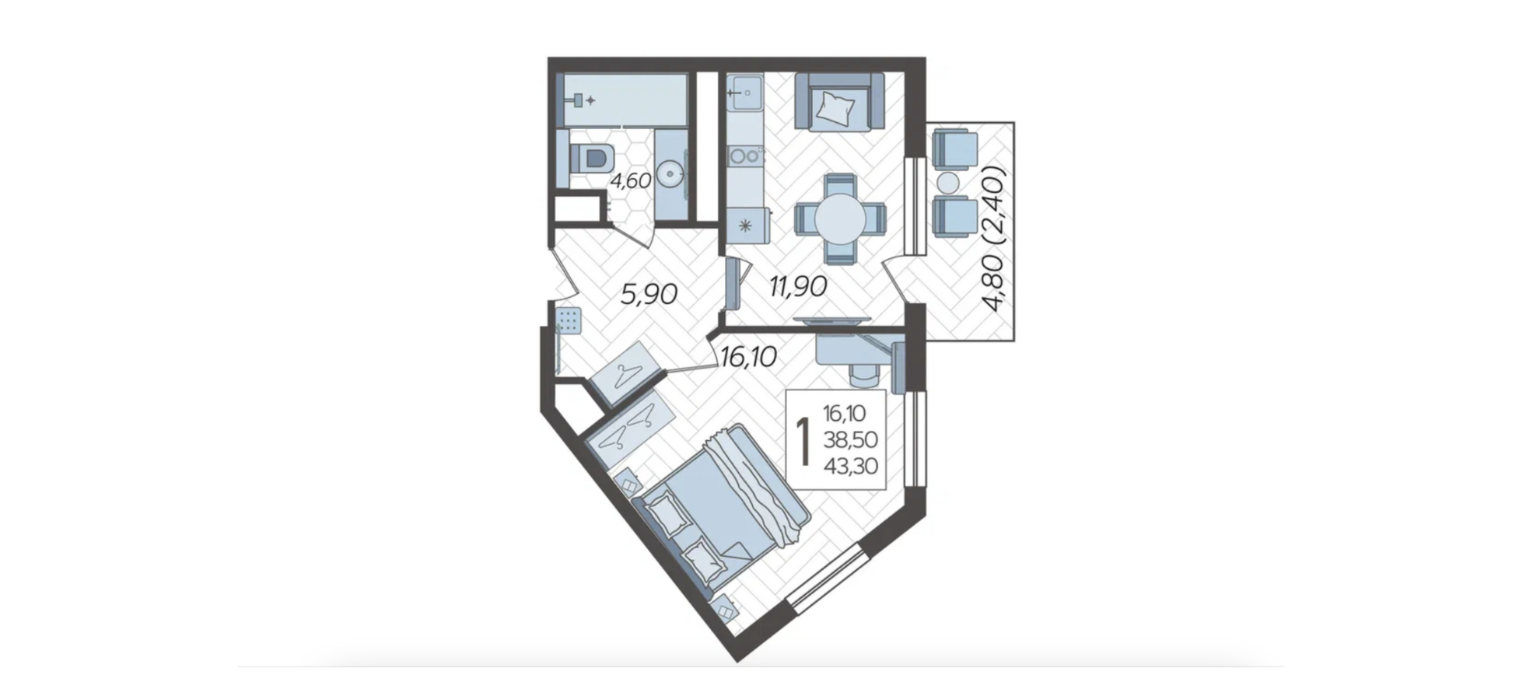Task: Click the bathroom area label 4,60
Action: (630, 181)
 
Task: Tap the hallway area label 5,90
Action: (649, 294)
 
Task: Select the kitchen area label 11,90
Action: (798, 286)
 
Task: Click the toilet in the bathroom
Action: (593, 159)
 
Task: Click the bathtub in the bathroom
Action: (625, 100)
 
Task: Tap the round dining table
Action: (840, 219)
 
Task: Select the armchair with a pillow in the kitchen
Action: (840, 102)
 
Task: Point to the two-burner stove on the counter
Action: (744, 155)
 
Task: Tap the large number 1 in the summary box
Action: (804, 439)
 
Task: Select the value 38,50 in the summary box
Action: (850, 440)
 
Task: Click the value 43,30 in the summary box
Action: (850, 466)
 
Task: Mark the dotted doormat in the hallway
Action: (569, 320)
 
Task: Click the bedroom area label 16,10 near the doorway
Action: (748, 357)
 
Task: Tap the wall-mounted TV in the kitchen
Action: (831, 320)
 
